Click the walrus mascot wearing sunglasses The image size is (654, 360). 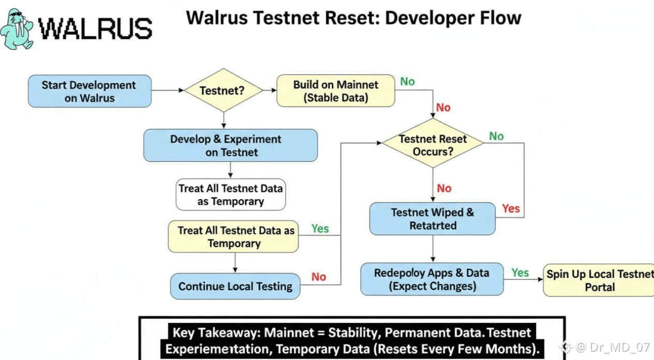tap(18, 29)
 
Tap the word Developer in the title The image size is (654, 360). tap(422, 18)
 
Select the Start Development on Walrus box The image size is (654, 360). tap(90, 92)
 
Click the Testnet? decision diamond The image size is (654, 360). tap(223, 91)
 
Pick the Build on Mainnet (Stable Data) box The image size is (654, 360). tap(336, 91)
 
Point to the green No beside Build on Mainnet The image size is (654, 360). tap(407, 81)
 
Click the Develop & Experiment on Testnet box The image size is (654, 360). tap(230, 145)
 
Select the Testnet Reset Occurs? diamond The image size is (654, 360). tap(433, 145)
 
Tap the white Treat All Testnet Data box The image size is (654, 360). tap(231, 194)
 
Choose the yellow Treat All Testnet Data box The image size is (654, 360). tap(233, 237)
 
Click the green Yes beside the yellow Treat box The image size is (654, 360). tap(320, 228)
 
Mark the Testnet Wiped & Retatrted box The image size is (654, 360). tap(433, 219)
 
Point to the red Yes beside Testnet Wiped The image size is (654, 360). tap(511, 208)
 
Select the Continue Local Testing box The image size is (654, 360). tap(235, 286)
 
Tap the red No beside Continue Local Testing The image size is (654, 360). tap(319, 277)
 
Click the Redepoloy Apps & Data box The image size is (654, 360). tap(432, 279)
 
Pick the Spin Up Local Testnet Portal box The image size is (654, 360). tap(599, 280)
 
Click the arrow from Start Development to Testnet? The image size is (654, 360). tap(168, 91)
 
